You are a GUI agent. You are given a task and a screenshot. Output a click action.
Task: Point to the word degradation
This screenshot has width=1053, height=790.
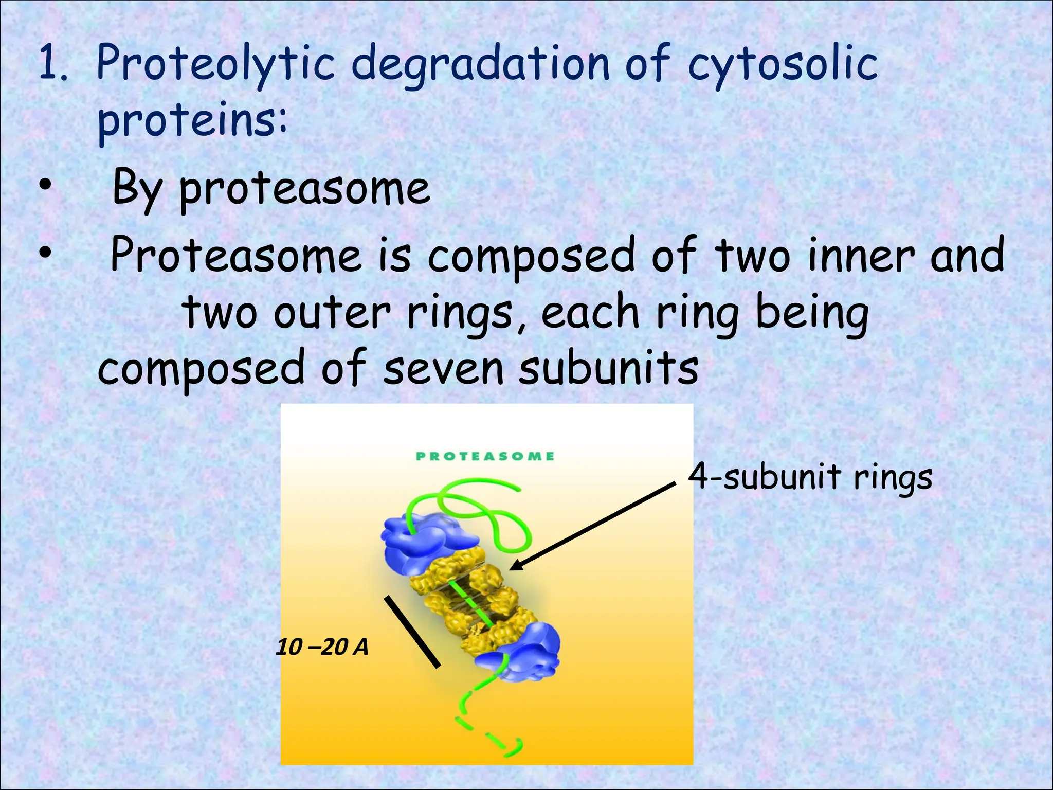(480, 64)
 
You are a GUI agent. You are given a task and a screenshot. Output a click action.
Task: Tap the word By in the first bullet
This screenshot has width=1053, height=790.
(136, 188)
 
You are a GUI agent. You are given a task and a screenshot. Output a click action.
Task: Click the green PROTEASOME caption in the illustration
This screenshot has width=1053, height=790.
(485, 456)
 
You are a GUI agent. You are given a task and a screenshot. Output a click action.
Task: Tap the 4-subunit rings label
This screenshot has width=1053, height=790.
(810, 477)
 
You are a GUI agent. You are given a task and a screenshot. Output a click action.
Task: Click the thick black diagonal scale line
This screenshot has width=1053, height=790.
(413, 632)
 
